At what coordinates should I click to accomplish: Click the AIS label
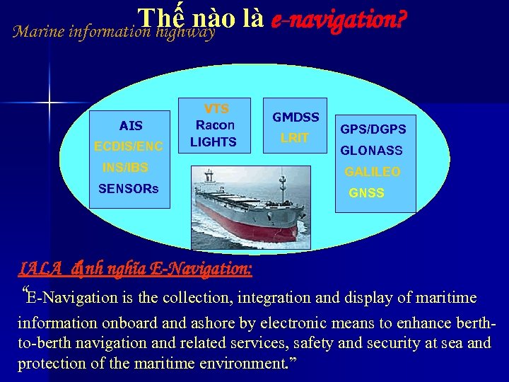(131, 126)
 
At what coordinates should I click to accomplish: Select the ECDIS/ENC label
(129, 146)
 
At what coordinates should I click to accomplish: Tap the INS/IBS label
(125, 168)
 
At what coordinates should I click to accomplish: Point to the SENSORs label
(129, 189)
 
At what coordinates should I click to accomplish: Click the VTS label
(216, 108)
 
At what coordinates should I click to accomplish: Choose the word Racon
(215, 125)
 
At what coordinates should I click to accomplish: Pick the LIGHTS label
(213, 141)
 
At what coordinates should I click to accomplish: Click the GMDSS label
(296, 117)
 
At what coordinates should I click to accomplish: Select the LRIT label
(294, 138)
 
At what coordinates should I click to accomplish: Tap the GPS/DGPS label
(373, 129)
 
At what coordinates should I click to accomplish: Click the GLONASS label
(371, 151)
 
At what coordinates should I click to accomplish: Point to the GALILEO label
(372, 172)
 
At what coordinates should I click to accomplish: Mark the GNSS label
(366, 193)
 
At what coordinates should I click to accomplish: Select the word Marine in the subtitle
(39, 32)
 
